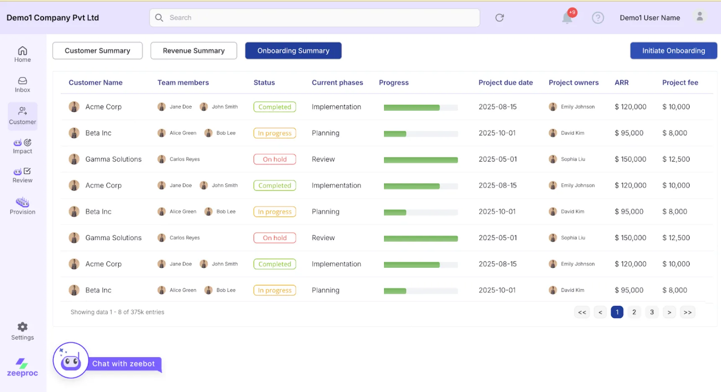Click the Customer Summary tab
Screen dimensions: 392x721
97,51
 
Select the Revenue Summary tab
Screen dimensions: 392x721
194,51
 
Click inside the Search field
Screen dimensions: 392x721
314,18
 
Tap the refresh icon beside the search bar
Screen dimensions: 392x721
499,18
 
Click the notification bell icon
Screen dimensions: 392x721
567,18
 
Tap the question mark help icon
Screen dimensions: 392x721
598,18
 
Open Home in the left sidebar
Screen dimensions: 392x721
23,54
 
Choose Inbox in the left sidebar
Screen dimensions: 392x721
23,84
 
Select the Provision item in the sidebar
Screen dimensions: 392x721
23,206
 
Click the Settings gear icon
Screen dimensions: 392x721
23,327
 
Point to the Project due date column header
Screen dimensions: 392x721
506,83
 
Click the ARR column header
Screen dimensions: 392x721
621,83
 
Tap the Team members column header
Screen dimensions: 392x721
183,83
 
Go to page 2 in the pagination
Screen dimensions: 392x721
634,312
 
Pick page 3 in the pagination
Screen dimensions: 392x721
652,312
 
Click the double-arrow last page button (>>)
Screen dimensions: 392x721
687,312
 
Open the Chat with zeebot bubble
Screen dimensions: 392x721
123,364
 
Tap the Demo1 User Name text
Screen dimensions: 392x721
650,18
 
